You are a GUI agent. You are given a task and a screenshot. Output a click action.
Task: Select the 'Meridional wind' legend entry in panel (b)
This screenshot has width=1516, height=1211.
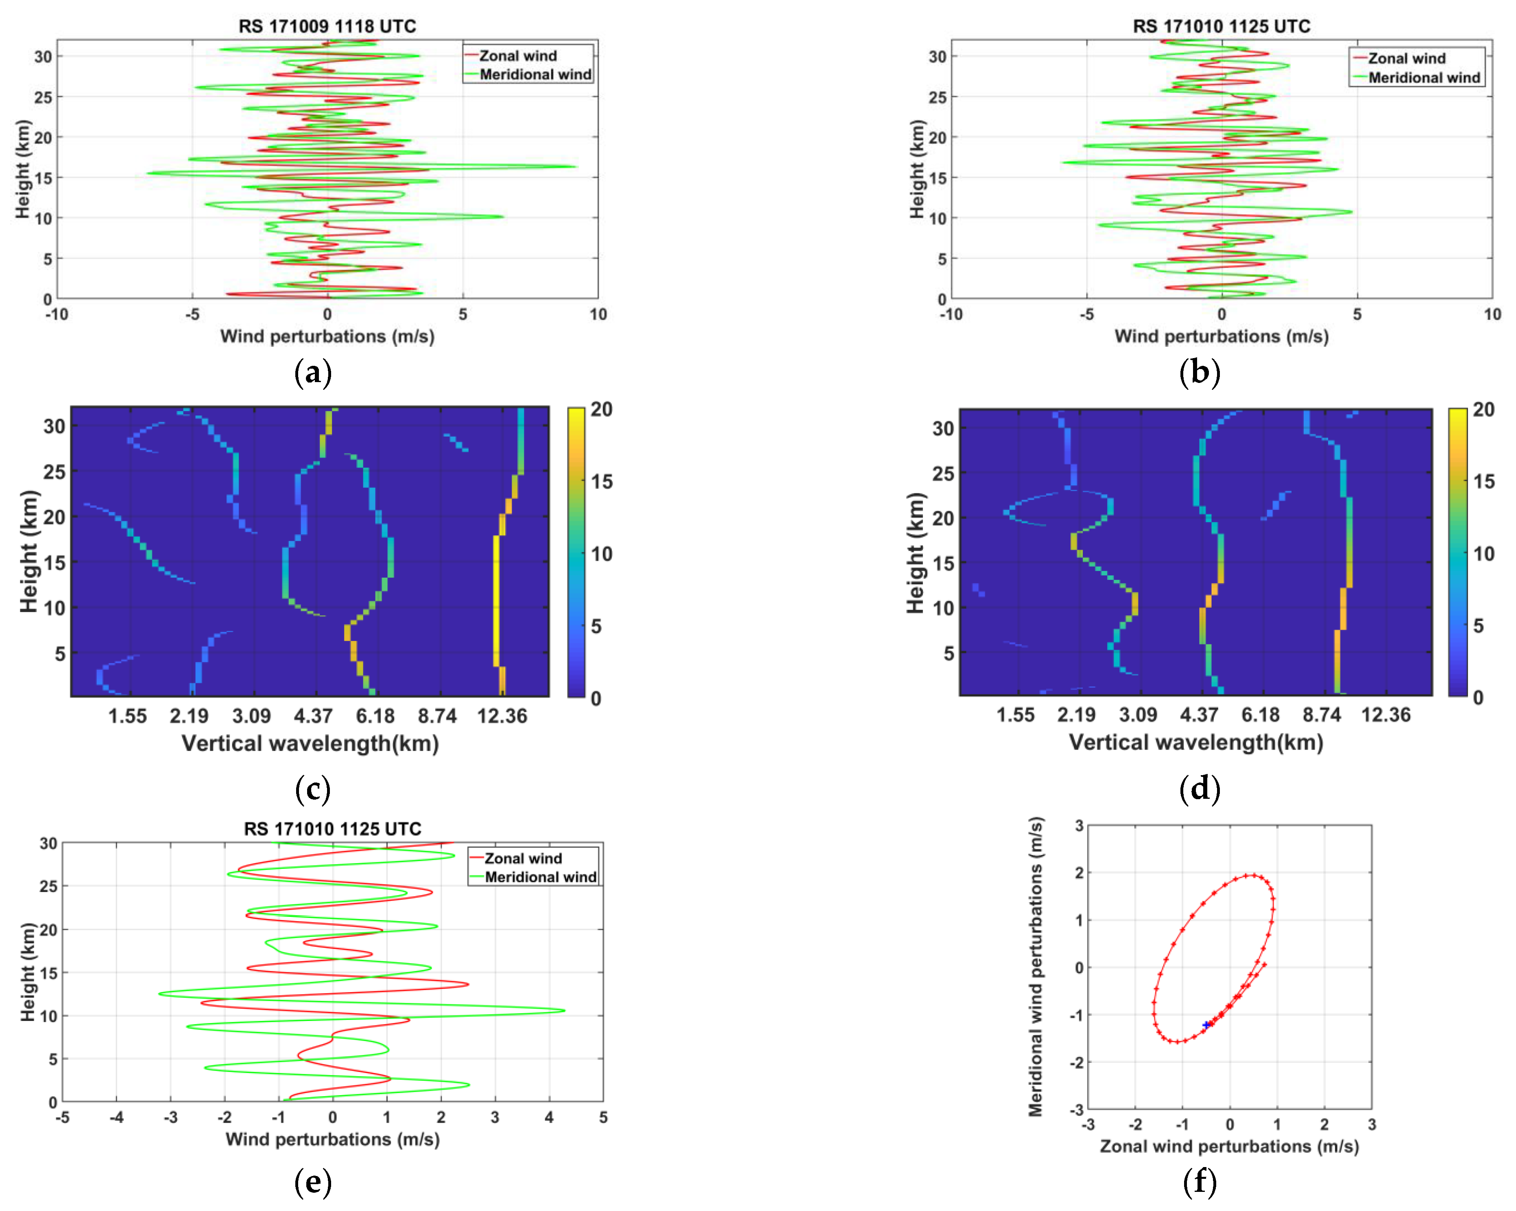click(x=1424, y=77)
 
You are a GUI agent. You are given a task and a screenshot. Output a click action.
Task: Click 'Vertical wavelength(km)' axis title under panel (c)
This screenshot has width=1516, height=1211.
click(x=310, y=743)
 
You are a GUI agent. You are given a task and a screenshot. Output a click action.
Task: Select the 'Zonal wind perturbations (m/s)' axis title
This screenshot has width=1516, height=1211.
click(x=1229, y=1146)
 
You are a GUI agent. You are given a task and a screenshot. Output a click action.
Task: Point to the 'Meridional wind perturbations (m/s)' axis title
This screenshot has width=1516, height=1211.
click(x=1035, y=966)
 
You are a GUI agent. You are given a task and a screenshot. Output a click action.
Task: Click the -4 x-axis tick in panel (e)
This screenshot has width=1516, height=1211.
click(x=117, y=1117)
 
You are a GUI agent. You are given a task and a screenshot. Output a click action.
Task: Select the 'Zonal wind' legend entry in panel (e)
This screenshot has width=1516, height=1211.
click(x=522, y=858)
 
